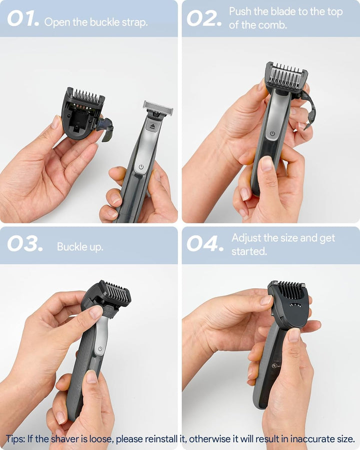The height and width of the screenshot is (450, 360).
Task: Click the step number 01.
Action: pyautogui.click(x=23, y=19)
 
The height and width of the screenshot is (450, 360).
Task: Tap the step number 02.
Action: pyautogui.click(x=204, y=19)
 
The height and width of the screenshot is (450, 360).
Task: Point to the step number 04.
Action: pyautogui.click(x=204, y=244)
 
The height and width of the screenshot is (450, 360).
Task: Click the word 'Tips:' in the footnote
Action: pyautogui.click(x=17, y=439)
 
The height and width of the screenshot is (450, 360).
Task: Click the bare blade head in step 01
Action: pyautogui.click(x=158, y=106)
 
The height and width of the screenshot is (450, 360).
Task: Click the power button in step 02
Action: pyautogui.click(x=272, y=133)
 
